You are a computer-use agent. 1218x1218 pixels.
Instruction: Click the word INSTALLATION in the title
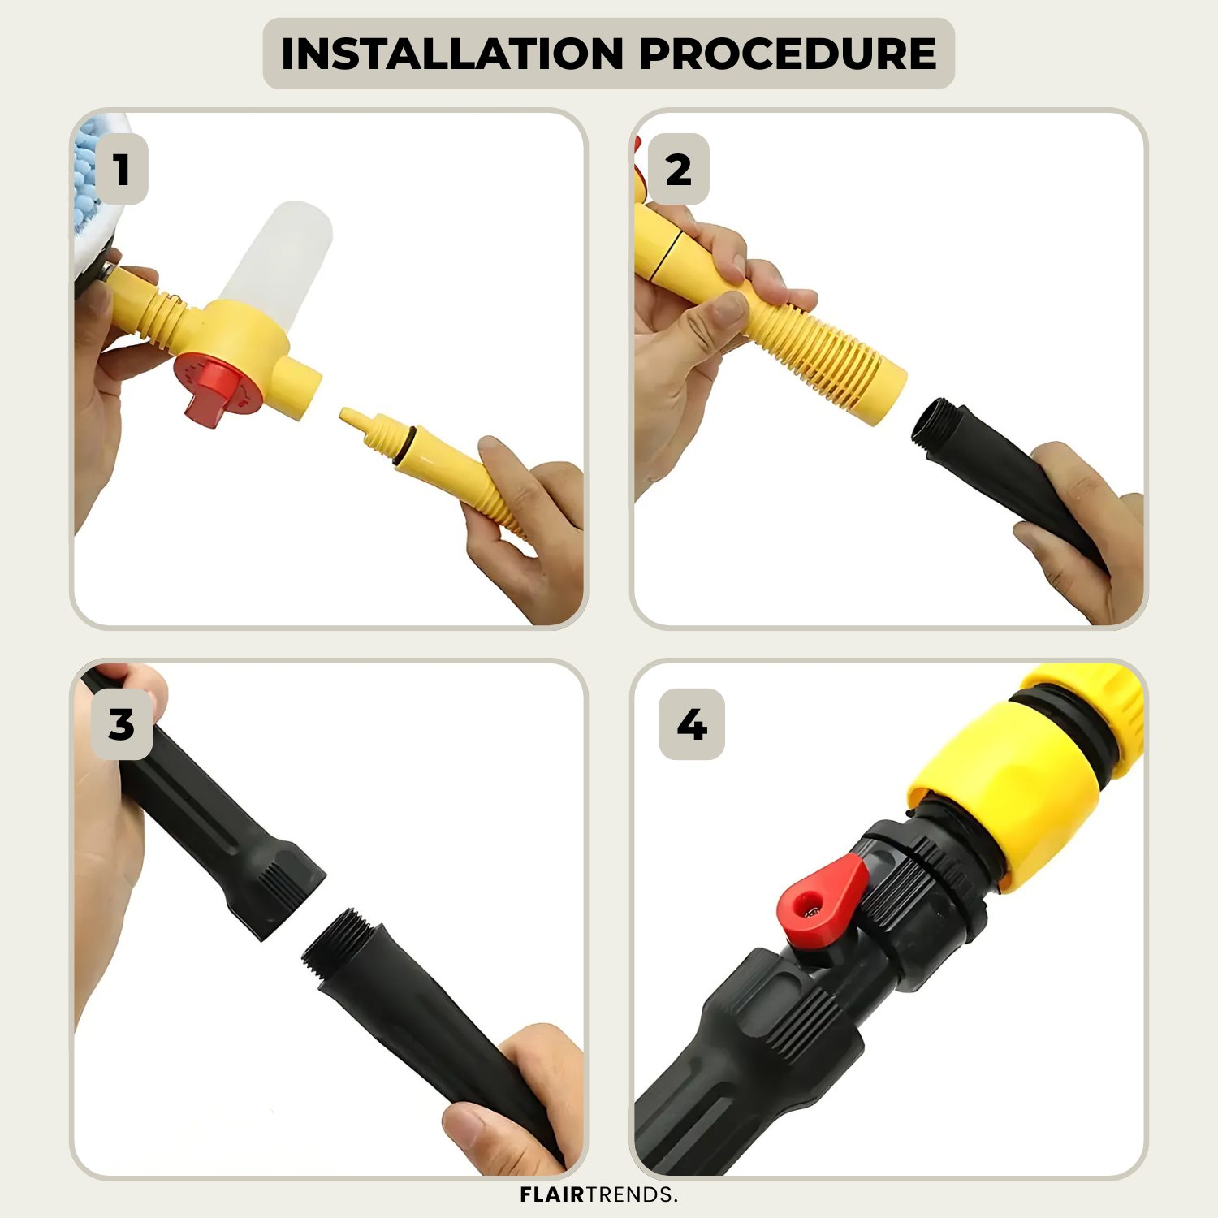[x=452, y=54]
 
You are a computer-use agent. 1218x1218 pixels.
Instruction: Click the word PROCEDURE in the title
[x=788, y=54]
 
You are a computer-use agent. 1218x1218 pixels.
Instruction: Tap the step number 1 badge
[x=122, y=169]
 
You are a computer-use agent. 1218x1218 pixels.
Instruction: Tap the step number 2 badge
[x=679, y=169]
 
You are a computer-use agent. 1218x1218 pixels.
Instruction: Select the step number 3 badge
[x=122, y=724]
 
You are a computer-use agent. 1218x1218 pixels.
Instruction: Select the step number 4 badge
[x=692, y=724]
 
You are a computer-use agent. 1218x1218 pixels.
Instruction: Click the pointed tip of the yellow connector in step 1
[x=344, y=415]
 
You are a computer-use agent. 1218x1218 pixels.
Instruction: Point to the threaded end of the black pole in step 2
[x=934, y=422]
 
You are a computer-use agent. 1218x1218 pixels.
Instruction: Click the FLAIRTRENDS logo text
[x=598, y=1194]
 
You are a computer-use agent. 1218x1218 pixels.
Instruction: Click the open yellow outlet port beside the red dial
[x=299, y=388]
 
